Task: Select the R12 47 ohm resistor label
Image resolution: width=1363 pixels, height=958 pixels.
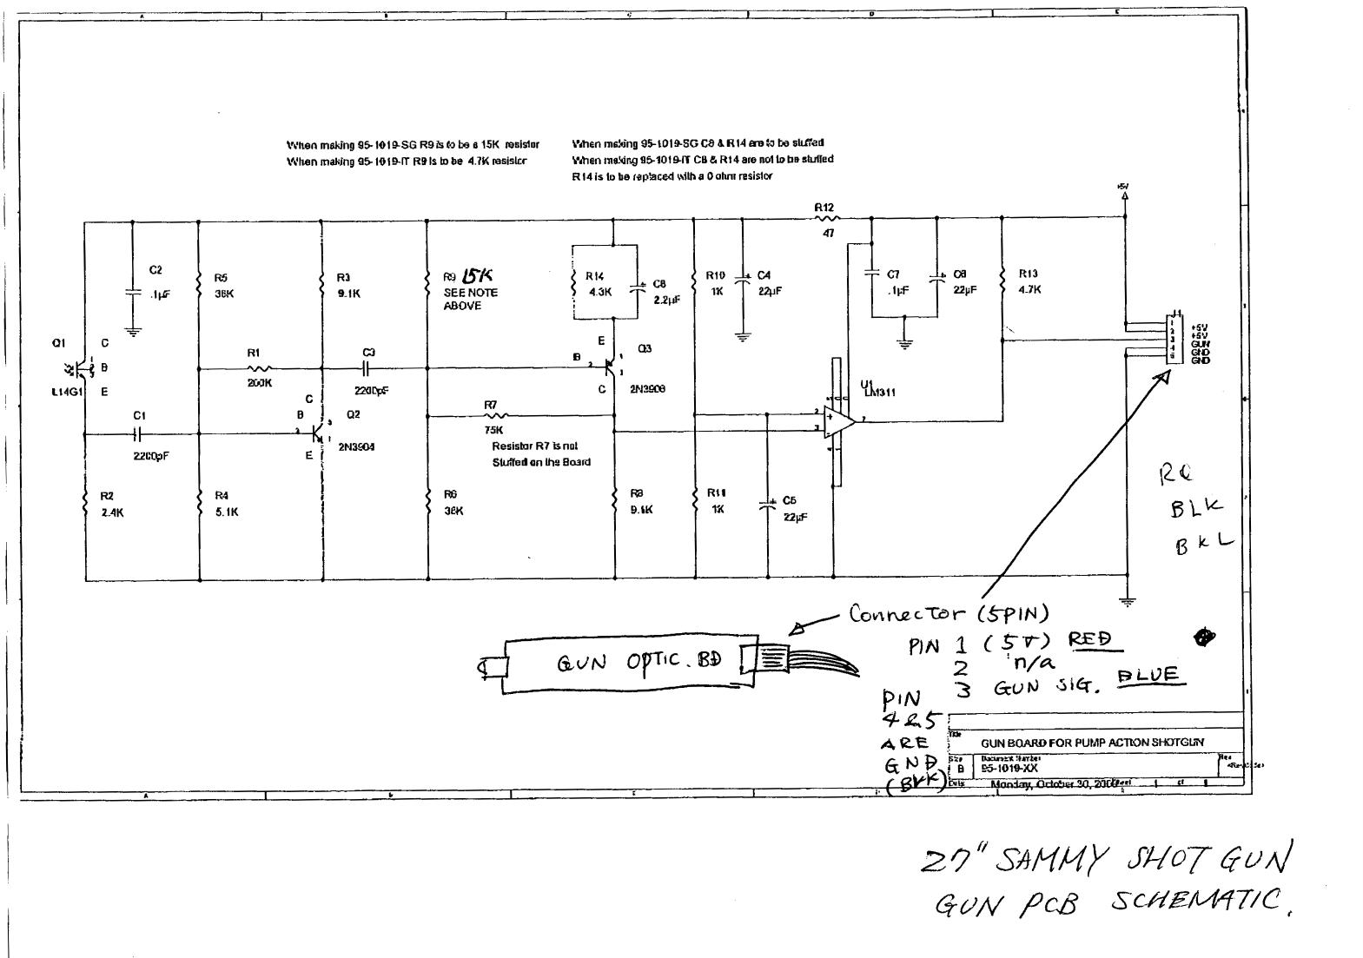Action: (x=824, y=208)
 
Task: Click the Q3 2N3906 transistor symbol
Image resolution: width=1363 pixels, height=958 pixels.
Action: (x=612, y=367)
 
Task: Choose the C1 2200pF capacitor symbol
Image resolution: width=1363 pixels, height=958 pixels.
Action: (x=139, y=432)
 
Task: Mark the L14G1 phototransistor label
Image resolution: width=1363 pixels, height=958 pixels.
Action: (x=65, y=392)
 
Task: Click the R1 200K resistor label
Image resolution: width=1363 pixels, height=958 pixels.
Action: (x=255, y=353)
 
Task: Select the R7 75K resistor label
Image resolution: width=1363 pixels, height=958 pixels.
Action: (x=491, y=405)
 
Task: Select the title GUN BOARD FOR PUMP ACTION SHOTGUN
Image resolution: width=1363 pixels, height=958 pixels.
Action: (x=1092, y=743)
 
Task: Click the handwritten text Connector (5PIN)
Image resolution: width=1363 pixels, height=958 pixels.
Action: (x=949, y=614)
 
